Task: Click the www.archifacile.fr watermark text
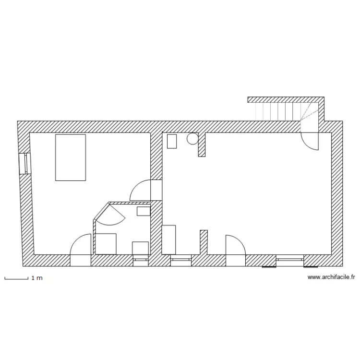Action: [x=331, y=277]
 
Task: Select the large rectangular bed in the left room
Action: [x=71, y=157]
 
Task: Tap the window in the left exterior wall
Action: [x=24, y=163]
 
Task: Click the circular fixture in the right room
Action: [x=192, y=138]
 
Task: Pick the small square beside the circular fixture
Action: [x=171, y=141]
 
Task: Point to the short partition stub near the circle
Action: [x=202, y=144]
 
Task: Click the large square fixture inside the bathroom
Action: [x=106, y=243]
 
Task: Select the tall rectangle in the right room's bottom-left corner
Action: [x=169, y=239]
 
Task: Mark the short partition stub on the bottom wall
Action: [x=204, y=242]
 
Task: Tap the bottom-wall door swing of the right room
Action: [x=236, y=245]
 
